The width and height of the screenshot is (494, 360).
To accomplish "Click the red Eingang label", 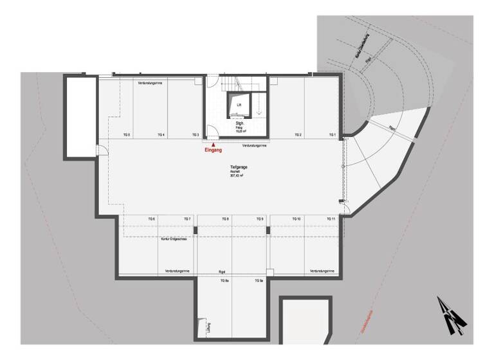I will point(213,150).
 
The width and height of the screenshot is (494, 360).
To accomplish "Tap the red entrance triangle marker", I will point(213,145).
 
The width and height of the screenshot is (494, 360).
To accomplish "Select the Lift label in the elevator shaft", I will point(239,103).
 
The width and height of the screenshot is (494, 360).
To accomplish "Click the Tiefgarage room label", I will point(239,166).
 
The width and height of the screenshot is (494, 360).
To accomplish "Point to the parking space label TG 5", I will point(127,135).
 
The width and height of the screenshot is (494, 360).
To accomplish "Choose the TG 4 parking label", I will point(161,135).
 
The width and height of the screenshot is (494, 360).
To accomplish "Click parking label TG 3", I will point(195,135).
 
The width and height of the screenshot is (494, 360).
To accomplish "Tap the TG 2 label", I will point(298,135).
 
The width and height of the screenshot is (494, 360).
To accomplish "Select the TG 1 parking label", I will point(332,135).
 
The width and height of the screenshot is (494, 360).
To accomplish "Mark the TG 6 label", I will point(152,220).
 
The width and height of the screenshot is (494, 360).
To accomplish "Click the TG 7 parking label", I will point(187,220).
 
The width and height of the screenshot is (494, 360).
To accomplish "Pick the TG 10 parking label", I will point(297,220).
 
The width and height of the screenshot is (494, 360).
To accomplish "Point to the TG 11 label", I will point(331,220).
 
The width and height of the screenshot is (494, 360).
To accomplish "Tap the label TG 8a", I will point(225,281).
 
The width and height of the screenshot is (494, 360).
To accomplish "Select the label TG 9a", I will point(259,281).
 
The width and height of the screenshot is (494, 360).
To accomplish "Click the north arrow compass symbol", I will point(452,315).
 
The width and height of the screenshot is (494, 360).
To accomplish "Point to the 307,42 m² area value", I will point(239,175).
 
